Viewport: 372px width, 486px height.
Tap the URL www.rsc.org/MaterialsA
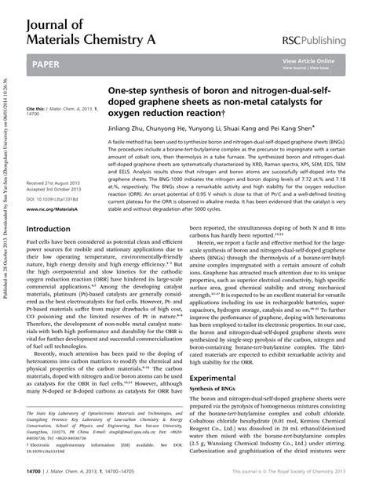point(50,210)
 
